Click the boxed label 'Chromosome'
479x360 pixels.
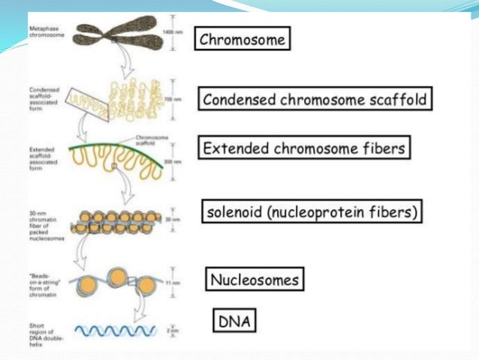243,40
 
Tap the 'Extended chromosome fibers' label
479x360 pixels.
305,147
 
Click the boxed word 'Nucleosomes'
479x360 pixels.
255,280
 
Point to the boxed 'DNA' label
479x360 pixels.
233,322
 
